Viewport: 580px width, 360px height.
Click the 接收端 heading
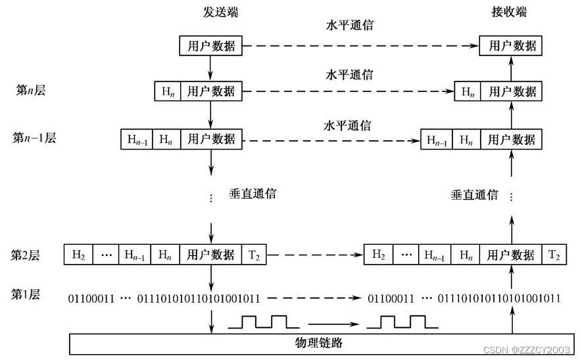point(509,13)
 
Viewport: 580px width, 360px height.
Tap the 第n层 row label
point(31,91)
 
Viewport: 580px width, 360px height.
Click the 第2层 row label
point(26,255)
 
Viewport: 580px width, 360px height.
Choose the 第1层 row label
point(26,294)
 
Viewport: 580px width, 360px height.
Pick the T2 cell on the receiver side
point(554,255)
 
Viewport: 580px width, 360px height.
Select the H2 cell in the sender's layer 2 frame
point(78,255)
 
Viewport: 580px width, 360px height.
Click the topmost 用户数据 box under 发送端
point(210,46)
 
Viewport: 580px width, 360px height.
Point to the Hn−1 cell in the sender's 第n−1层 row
point(137,140)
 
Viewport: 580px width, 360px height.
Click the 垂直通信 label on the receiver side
point(474,195)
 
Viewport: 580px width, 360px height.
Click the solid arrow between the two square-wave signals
point(333,323)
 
